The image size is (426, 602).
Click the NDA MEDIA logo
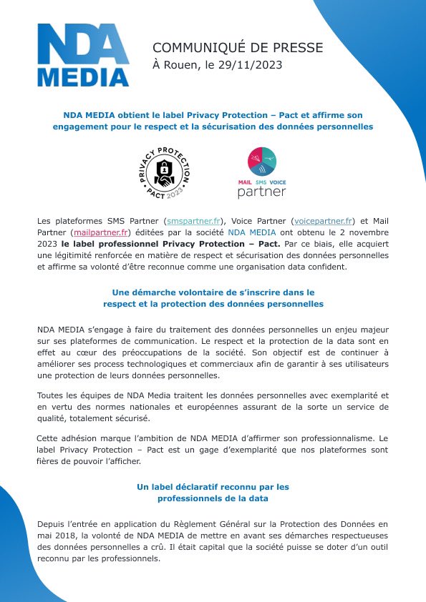[83, 55]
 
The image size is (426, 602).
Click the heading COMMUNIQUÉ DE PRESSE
[237, 47]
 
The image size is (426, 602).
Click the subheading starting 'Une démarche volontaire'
[213, 292]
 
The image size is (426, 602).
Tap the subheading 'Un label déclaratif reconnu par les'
[213, 486]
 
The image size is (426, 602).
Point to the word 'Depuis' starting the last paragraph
[52, 523]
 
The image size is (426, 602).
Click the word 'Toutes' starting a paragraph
[51, 395]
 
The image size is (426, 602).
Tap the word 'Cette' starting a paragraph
[49, 438]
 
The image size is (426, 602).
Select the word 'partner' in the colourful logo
[261, 192]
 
